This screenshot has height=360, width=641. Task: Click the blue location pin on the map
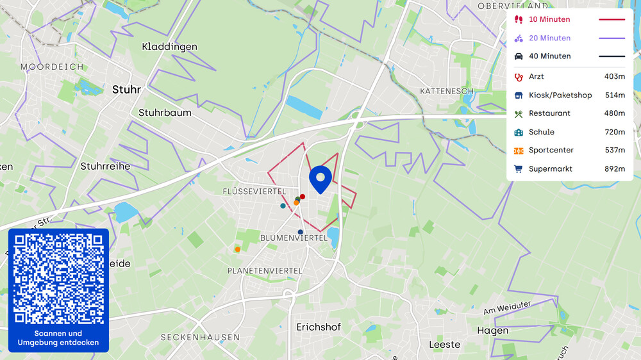point(320,178)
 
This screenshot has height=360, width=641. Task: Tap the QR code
point(58,279)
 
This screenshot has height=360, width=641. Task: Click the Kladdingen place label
point(169,47)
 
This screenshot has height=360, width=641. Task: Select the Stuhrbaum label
point(165,113)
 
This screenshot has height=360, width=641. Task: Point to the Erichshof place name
point(319,327)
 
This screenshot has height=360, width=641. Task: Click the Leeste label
point(444,344)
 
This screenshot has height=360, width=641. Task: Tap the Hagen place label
point(492,331)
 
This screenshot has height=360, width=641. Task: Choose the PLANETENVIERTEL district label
point(265,271)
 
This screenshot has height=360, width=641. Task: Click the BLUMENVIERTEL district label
point(294,238)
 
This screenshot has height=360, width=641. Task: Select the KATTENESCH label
point(447,91)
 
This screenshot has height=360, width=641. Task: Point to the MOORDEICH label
point(52,67)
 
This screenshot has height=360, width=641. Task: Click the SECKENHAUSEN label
point(200,337)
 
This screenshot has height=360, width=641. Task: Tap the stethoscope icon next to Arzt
point(519,76)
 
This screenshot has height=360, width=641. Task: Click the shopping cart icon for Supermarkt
point(519,169)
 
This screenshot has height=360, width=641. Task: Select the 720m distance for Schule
point(614,132)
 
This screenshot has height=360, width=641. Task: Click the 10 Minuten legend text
point(549,19)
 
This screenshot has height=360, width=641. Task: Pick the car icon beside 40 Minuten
point(519,56)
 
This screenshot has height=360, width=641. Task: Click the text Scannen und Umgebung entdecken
point(58,338)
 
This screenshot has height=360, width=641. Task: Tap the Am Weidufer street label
point(508,307)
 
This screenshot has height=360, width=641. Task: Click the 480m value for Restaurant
point(614,113)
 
